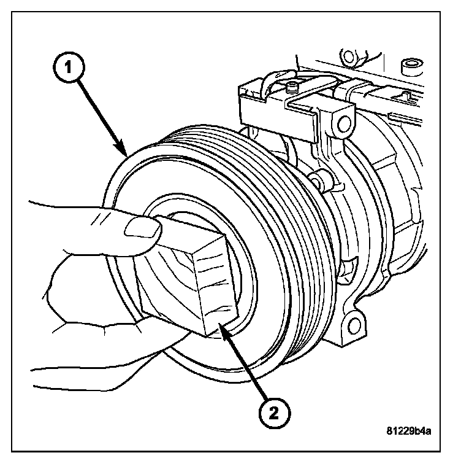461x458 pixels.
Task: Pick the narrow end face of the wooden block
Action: point(216,285)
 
